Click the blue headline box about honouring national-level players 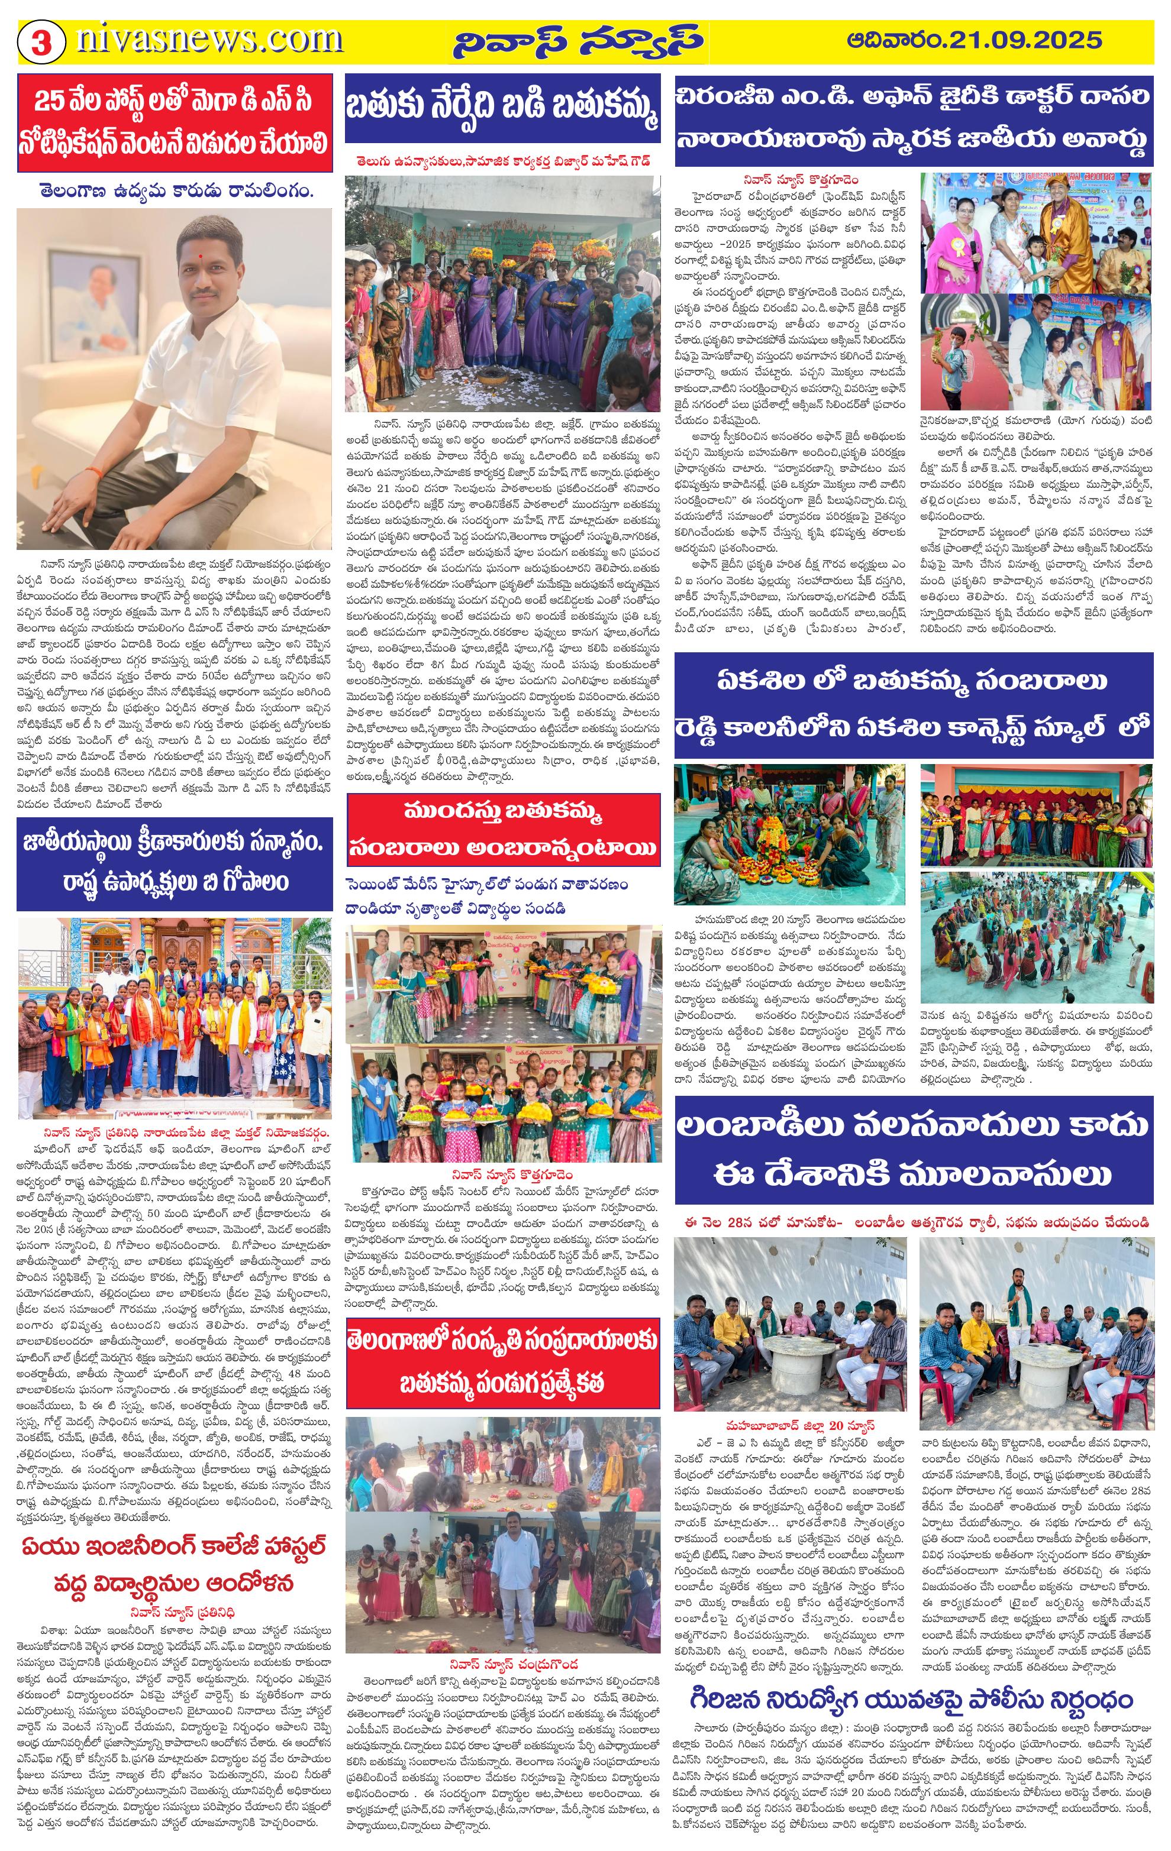pyautogui.click(x=175, y=864)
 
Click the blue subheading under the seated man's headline pyautogui.click(x=174, y=190)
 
